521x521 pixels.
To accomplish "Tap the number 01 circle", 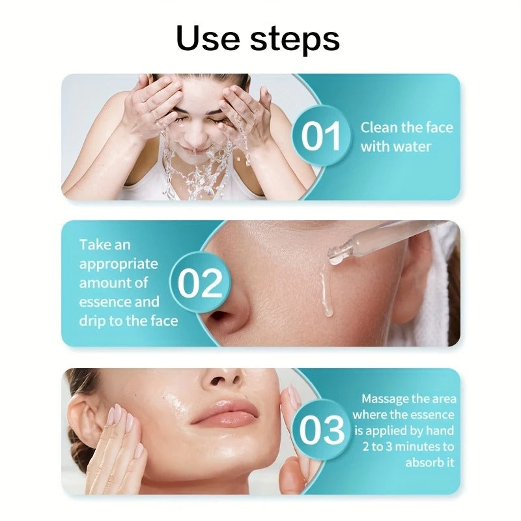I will (x=322, y=137).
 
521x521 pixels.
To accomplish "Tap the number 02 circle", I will (x=200, y=283).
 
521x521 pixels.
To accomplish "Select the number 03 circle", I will (x=322, y=430).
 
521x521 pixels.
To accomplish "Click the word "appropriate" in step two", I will (x=119, y=264).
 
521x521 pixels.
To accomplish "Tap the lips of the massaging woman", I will (x=225, y=414).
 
